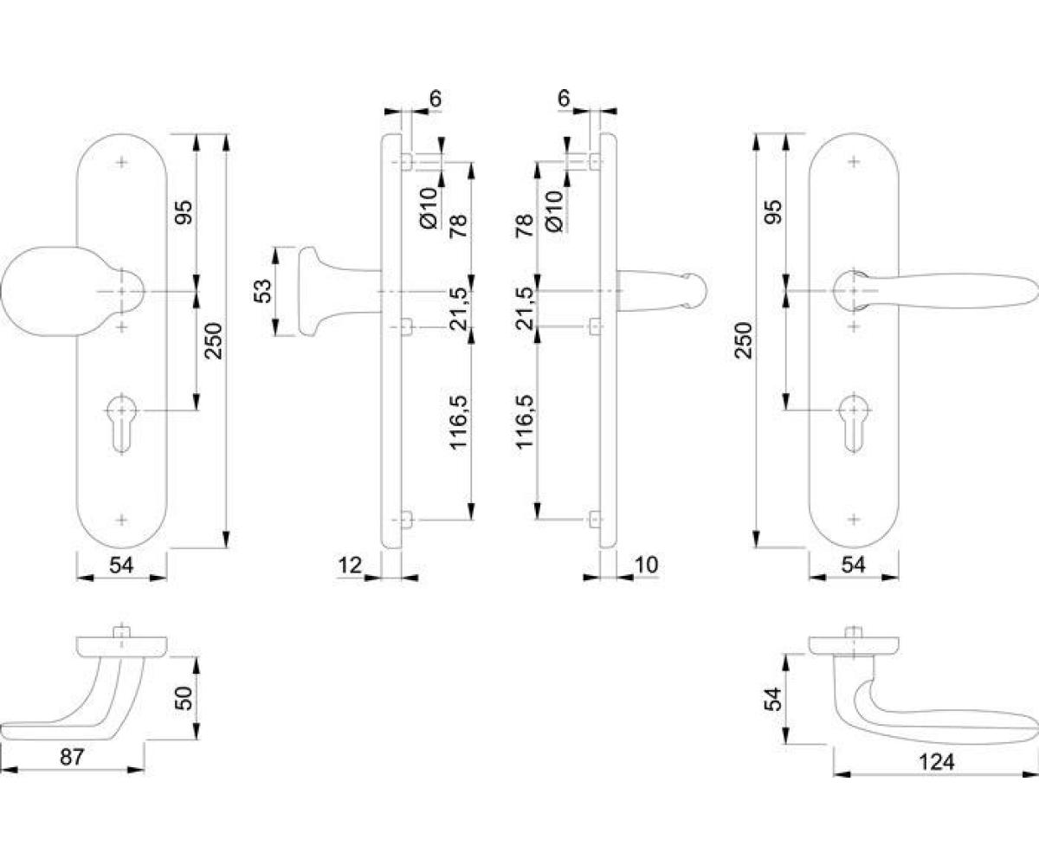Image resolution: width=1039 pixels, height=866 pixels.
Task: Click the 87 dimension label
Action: pyautogui.click(x=72, y=757)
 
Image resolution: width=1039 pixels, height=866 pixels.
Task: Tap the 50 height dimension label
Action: pyautogui.click(x=183, y=698)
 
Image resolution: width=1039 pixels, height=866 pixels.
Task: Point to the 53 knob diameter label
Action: pyautogui.click(x=262, y=291)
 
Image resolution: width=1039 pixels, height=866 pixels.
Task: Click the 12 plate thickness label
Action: pyautogui.click(x=350, y=565)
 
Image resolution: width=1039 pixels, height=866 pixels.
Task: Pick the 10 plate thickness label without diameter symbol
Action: pyautogui.click(x=647, y=565)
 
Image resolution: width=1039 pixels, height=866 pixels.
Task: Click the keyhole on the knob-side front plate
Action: pyautogui.click(x=121, y=423)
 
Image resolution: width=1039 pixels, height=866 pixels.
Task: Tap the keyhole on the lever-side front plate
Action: pyautogui.click(x=854, y=423)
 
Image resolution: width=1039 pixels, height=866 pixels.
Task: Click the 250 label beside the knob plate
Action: pyautogui.click(x=214, y=341)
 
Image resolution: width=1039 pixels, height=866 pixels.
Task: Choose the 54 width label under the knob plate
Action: pyautogui.click(x=121, y=565)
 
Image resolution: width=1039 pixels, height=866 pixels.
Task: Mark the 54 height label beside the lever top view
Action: pyautogui.click(x=773, y=699)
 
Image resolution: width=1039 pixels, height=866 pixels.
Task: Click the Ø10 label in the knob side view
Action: pyautogui.click(x=429, y=208)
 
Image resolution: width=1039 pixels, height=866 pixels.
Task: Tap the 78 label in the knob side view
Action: pyautogui.click(x=459, y=225)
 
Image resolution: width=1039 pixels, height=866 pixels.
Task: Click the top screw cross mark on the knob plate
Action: pyautogui.click(x=121, y=162)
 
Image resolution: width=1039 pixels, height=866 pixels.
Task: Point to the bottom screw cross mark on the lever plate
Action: pyautogui.click(x=854, y=520)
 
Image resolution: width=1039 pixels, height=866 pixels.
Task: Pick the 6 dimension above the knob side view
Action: pyautogui.click(x=435, y=99)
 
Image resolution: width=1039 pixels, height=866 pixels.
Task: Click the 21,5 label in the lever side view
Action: pyautogui.click(x=525, y=308)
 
